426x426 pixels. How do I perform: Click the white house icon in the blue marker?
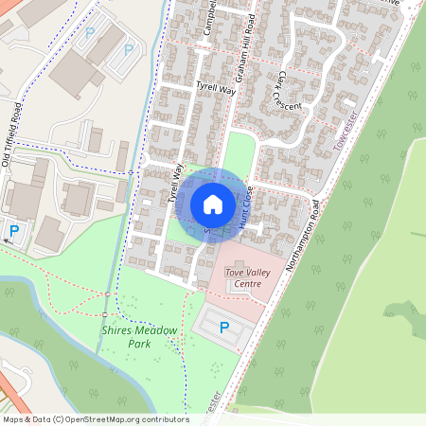(213, 204)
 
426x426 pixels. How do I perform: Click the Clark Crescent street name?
(288, 91)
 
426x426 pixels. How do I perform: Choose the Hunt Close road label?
(244, 204)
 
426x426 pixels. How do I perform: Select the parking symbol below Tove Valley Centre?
(224, 328)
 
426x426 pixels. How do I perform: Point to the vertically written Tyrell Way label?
(174, 183)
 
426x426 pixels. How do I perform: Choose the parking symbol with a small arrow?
(13, 231)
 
